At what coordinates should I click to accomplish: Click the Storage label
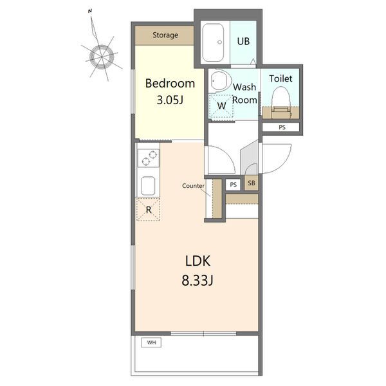(165, 35)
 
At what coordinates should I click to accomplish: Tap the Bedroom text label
(170, 84)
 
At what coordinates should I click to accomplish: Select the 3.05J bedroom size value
(170, 100)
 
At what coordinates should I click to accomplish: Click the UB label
(243, 41)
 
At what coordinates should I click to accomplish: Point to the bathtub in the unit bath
(213, 42)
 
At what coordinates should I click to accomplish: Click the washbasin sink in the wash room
(220, 80)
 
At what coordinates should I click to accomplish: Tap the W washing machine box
(221, 106)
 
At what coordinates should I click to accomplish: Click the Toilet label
(280, 78)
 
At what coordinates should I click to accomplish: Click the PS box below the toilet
(281, 127)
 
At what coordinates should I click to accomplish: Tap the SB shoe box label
(252, 183)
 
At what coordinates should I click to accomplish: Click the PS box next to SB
(233, 185)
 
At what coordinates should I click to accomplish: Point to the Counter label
(193, 186)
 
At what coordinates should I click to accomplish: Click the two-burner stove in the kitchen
(149, 158)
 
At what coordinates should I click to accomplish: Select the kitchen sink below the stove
(148, 186)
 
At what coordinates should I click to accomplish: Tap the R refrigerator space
(149, 210)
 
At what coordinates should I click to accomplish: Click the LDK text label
(198, 261)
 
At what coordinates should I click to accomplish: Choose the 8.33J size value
(198, 280)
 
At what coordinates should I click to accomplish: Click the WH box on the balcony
(151, 342)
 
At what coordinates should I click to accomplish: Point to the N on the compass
(90, 11)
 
